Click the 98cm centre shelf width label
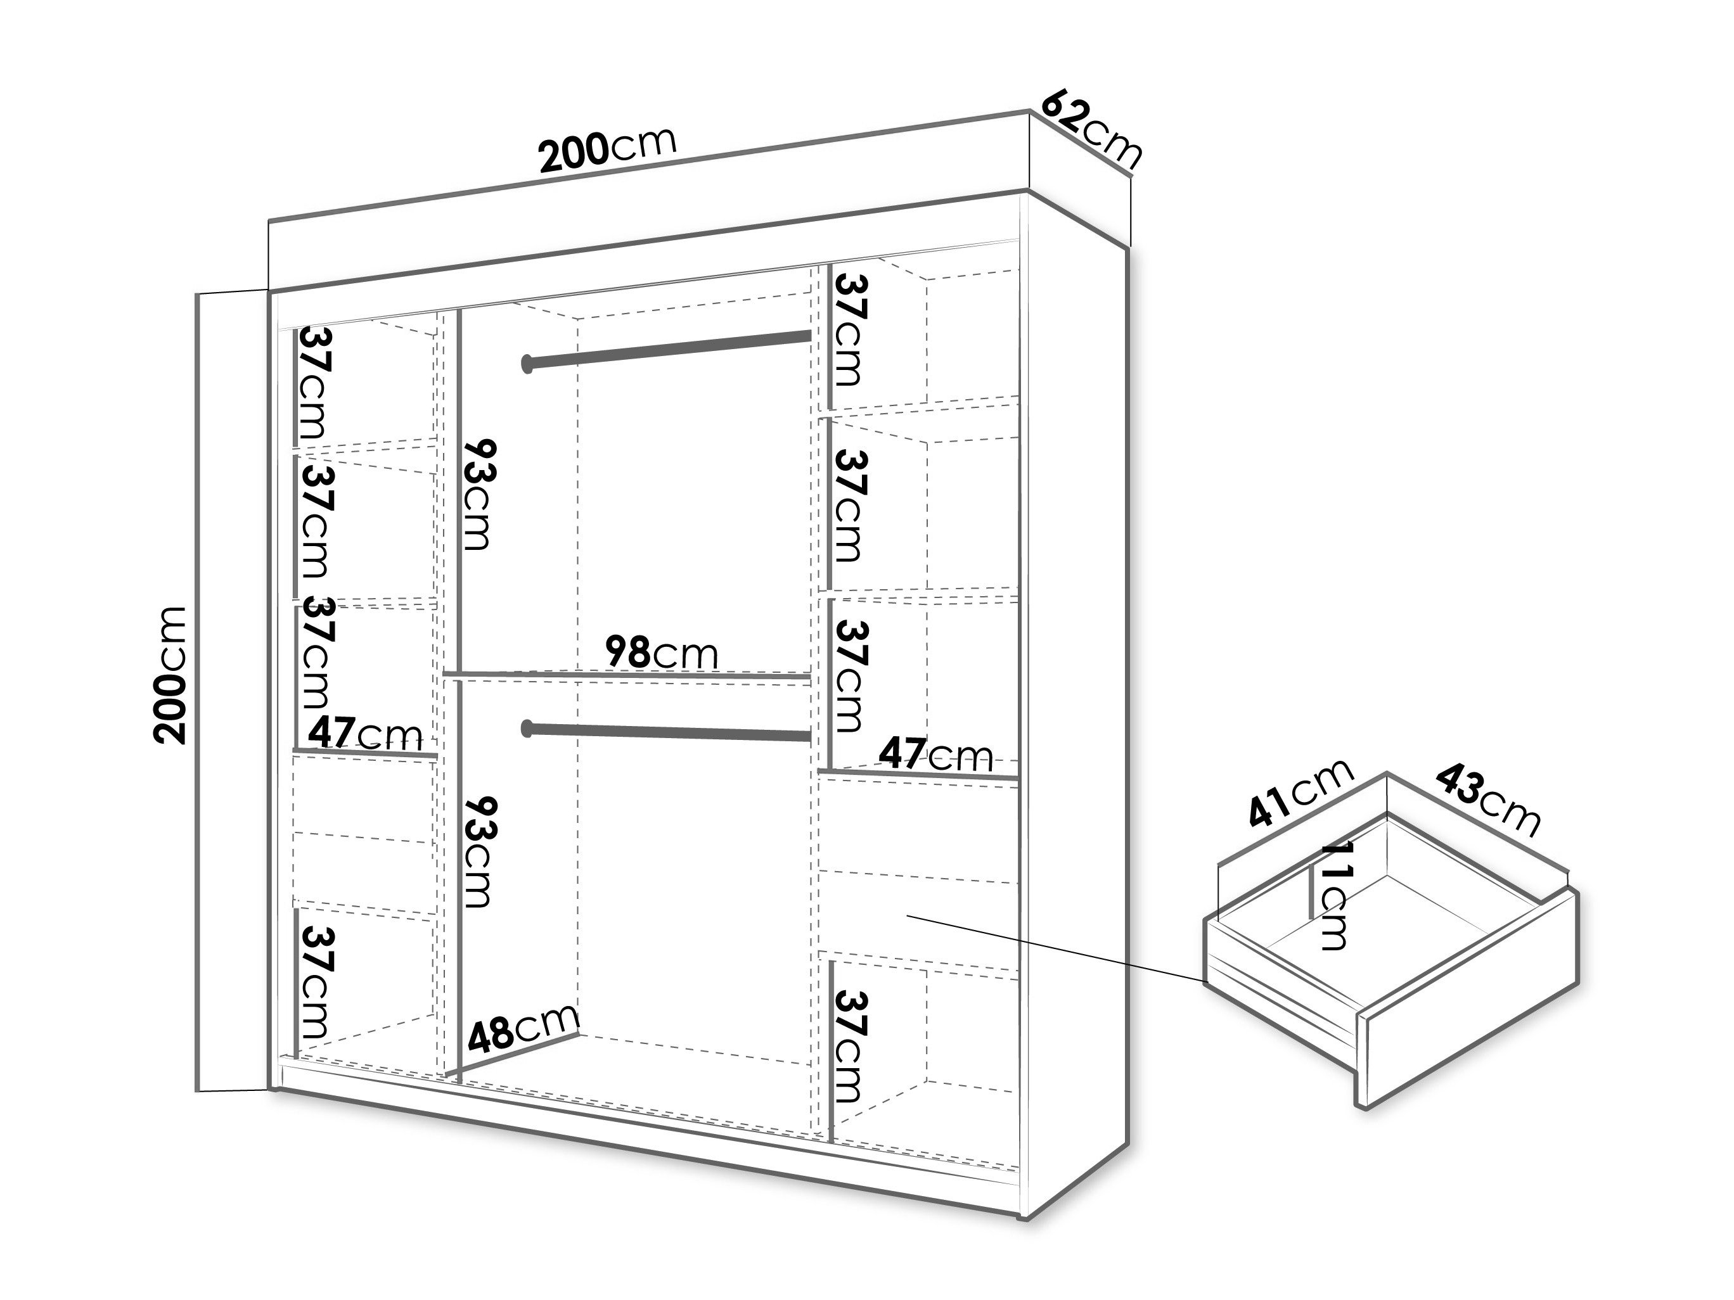tap(662, 652)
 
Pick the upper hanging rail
tap(666, 350)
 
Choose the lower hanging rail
tap(666, 731)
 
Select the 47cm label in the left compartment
tap(365, 734)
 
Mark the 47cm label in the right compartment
tap(936, 755)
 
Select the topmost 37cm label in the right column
tap(849, 330)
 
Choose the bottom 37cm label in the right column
tap(849, 1046)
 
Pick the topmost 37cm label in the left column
tap(315, 384)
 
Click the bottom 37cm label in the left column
tap(315, 983)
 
